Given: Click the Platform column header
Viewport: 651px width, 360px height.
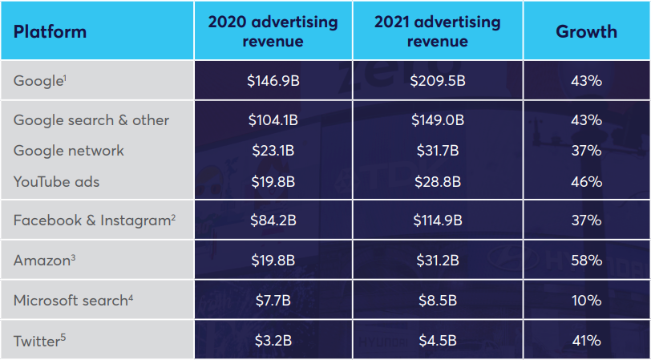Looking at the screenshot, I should point(50,32).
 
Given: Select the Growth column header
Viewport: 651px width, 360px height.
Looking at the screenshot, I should point(586,31).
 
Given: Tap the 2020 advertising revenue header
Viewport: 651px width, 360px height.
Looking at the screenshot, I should point(273,31).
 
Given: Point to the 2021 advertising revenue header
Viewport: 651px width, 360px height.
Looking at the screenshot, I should point(437,31).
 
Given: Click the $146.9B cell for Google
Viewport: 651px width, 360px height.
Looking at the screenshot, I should point(273,80).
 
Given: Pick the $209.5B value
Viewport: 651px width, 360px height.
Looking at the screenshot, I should point(437,80).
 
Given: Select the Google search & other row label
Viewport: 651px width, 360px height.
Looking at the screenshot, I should point(91,120).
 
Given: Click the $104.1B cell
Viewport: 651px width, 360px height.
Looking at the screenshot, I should point(273,120).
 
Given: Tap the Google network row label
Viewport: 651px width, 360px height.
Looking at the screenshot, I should point(69,151).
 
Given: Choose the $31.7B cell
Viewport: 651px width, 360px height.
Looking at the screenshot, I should point(437,151).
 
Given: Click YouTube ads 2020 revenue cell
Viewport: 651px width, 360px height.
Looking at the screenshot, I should point(273,181).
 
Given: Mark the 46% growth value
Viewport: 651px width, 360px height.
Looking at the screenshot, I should point(586,181).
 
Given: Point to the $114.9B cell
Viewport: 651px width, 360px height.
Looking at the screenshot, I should point(437,220).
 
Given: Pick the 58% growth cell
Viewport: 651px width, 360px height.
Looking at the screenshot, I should point(586,261).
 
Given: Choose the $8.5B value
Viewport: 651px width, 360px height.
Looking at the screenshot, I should point(437,301).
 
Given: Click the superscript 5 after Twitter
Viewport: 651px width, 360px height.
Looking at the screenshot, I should point(63,338).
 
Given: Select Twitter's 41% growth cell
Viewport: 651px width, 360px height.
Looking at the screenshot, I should point(586,341).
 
